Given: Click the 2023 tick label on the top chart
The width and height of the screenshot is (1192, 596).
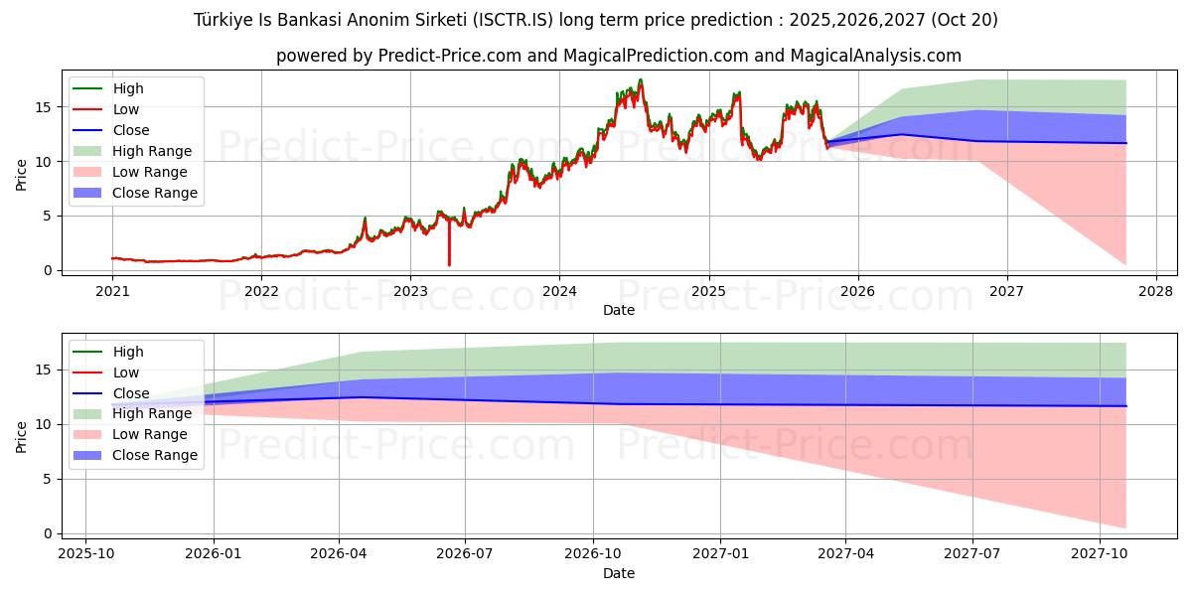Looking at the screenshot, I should tap(410, 290).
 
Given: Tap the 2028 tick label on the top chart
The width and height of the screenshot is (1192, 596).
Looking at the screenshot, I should tap(1156, 290).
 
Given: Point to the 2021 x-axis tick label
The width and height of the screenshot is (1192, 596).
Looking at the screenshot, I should tap(112, 290).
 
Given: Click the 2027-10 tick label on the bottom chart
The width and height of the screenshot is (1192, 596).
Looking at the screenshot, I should tap(1100, 553).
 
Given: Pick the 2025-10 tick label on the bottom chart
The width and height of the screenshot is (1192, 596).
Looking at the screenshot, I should tap(85, 553).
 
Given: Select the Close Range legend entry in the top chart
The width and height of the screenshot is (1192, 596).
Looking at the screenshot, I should tap(155, 193).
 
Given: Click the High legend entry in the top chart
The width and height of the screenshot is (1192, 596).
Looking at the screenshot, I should tap(128, 88).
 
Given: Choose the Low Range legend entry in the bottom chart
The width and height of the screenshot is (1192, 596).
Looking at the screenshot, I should tap(150, 434).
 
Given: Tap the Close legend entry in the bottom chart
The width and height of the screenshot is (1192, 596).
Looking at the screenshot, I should tap(131, 393).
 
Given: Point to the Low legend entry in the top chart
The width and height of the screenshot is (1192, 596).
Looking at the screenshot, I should tap(126, 109).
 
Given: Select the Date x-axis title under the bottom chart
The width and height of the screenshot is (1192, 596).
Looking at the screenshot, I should tap(618, 573).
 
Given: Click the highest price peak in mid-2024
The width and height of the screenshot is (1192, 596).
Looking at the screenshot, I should tap(641, 80).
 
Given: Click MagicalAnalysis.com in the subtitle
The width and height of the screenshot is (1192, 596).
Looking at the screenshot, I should tap(875, 57).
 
